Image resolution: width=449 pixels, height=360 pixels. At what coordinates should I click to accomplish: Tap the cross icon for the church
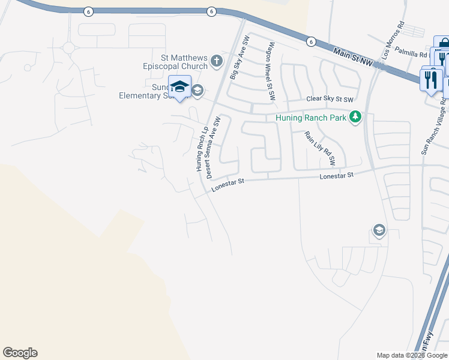pos(217,60)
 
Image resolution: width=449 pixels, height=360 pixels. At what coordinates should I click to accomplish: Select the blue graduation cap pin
pos(180,88)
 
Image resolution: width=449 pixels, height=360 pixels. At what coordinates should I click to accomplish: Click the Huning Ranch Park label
pos(311,118)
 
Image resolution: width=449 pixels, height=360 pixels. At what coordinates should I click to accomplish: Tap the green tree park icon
pos(355,117)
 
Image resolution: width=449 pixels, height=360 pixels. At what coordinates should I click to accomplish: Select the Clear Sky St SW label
pos(330,99)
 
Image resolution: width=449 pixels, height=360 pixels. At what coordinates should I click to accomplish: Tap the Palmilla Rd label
pos(411,53)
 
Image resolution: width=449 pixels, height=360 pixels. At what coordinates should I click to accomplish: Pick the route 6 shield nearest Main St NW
pos(310,41)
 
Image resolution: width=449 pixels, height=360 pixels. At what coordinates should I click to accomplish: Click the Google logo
pos(20,353)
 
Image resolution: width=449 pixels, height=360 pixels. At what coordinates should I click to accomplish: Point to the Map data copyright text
pos(412,355)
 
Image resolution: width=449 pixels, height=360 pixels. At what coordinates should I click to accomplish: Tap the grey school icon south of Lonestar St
pos(379,230)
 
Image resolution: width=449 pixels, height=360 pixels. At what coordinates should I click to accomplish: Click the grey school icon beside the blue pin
pos(197,91)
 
